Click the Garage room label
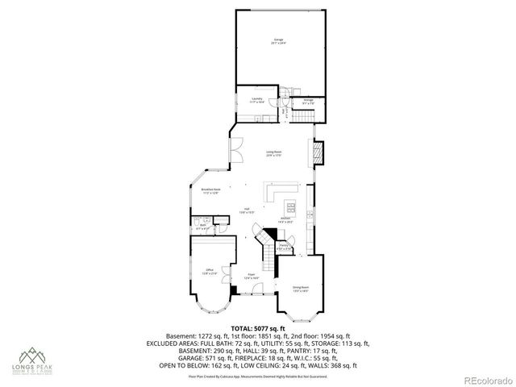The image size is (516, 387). point(279,41)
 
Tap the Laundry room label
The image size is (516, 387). point(256,101)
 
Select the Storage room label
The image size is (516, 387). point(308,102)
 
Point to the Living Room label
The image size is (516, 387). point(274,153)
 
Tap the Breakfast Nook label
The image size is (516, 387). point(210,191)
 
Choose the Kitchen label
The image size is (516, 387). point(285,219)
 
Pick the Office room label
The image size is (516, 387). point(210,270)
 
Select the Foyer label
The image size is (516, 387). point(251,277)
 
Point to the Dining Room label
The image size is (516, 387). point(301,288)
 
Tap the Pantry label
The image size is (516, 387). point(284,246)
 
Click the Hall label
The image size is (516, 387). point(246,210)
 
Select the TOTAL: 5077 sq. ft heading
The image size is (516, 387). point(257,328)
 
